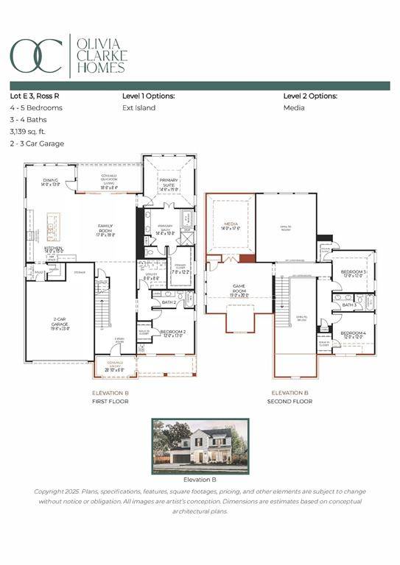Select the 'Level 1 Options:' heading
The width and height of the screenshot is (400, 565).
pyautogui.click(x=148, y=96)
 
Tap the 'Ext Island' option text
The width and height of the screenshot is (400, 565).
pyautogui.click(x=138, y=107)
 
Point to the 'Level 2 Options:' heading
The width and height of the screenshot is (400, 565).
pyautogui.click(x=310, y=96)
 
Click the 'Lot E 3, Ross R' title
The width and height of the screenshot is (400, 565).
pyautogui.click(x=38, y=96)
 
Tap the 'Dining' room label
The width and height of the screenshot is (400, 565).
pyautogui.click(x=51, y=182)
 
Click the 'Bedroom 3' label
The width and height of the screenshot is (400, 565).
pyautogui.click(x=354, y=274)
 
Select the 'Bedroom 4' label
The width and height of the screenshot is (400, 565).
pyautogui.click(x=354, y=335)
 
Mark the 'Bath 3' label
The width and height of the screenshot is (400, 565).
pyautogui.click(x=349, y=305)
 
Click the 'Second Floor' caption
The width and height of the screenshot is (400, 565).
pyautogui.click(x=291, y=401)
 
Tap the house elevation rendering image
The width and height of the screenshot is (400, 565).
pyautogui.click(x=200, y=447)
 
